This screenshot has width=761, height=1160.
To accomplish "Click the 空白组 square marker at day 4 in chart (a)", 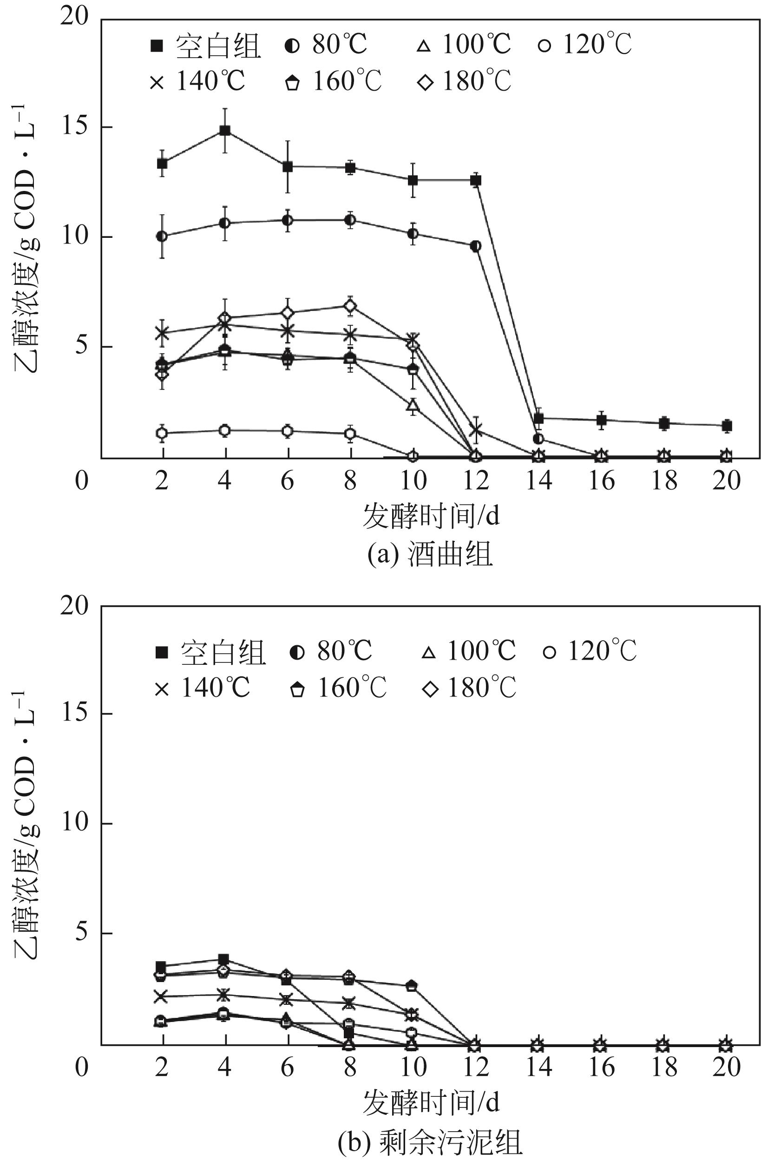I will click(x=225, y=130).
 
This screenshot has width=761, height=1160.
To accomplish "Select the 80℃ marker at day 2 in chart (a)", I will click(x=162, y=236).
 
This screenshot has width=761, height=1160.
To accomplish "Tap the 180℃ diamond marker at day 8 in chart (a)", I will click(x=350, y=306).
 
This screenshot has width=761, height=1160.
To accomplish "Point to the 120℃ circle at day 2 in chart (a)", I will click(x=162, y=433).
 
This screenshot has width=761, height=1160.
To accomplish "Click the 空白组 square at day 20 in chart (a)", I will click(x=726, y=426).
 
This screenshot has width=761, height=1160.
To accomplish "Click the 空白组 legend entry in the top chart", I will click(x=205, y=46).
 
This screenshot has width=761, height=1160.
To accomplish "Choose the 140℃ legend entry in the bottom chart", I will click(x=202, y=688).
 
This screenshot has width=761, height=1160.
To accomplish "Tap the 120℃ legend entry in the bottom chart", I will click(x=590, y=651).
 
